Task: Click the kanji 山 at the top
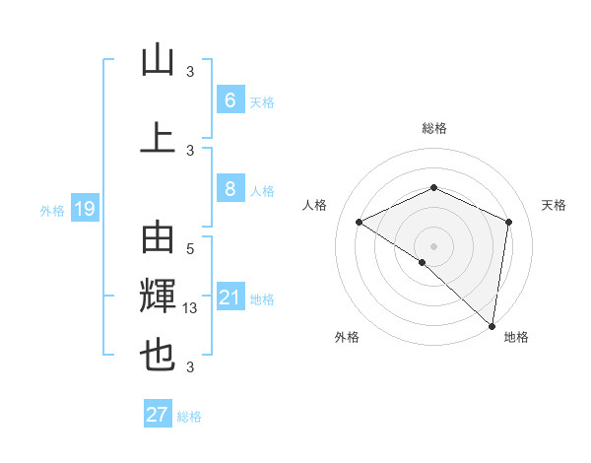[158, 60]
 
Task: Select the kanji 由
[158, 239]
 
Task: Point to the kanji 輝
[158, 297]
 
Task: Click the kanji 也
[158, 355]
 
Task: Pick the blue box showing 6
[230, 99]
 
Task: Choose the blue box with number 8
[230, 189]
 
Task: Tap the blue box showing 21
[230, 298]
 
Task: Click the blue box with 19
[84, 208]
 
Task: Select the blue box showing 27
[158, 415]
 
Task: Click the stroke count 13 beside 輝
[191, 308]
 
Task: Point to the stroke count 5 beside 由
[190, 249]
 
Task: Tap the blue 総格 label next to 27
[190, 417]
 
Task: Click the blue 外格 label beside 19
[52, 209]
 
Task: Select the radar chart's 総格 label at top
[434, 129]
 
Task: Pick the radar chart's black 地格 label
[516, 337]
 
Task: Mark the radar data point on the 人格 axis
[360, 222]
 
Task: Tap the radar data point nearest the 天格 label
[509, 222]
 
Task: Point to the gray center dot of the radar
[433, 245]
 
